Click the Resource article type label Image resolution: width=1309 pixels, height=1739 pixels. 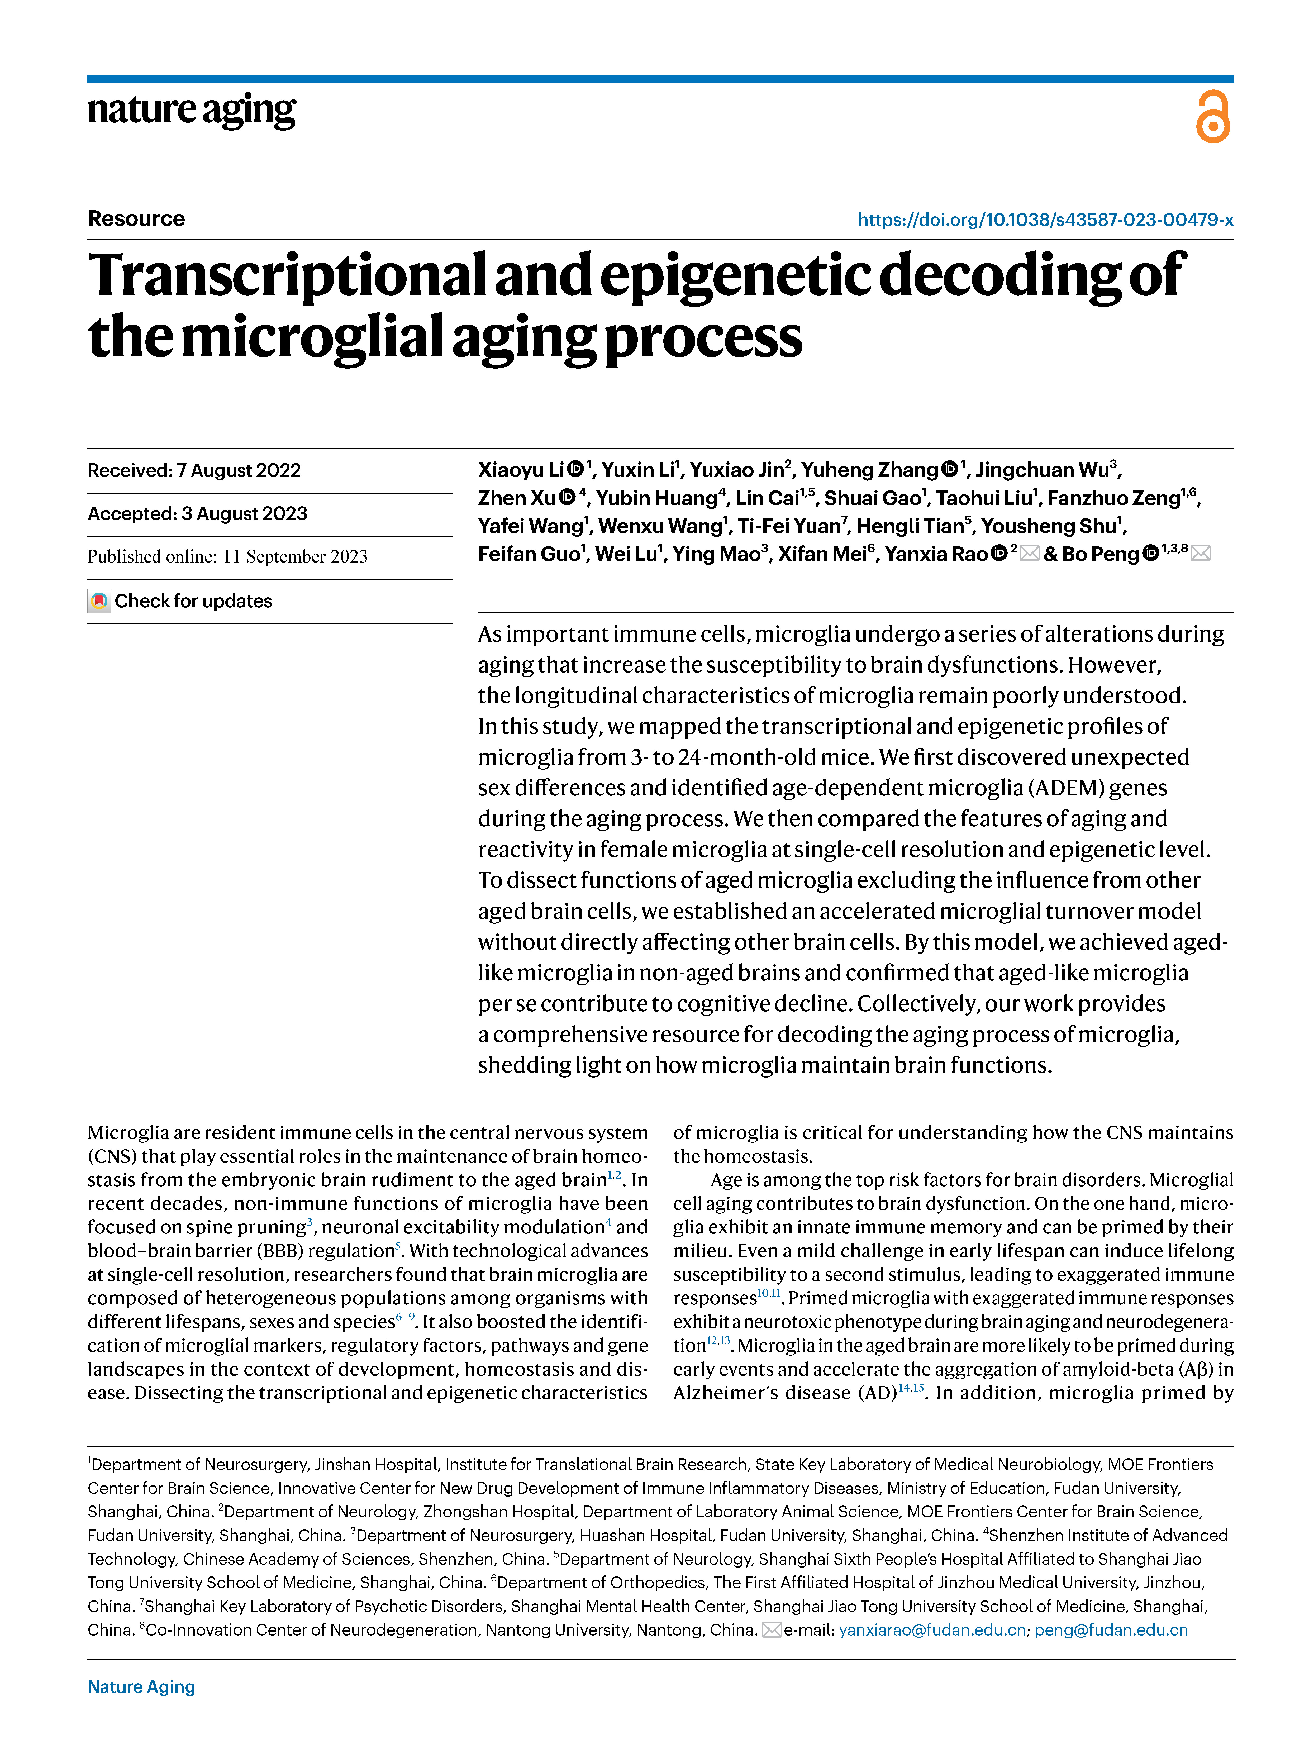click(136, 218)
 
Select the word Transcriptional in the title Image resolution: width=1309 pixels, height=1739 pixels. click(289, 275)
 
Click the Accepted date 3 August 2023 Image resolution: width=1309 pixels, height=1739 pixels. click(197, 513)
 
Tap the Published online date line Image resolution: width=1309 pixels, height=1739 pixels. click(227, 557)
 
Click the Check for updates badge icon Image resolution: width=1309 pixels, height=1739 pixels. click(99, 601)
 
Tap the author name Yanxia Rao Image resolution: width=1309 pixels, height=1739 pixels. click(936, 554)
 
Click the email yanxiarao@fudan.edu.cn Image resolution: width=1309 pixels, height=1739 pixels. click(932, 1630)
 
